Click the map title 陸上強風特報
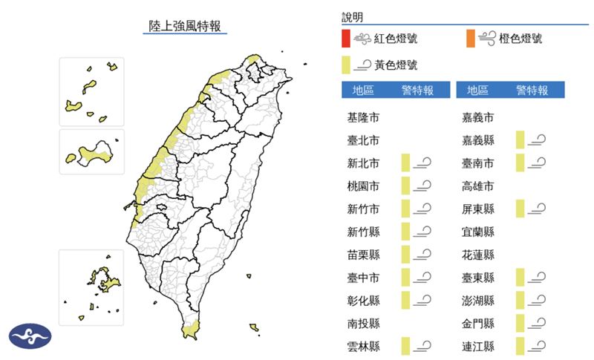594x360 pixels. (184, 26)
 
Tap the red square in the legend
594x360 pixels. (346, 38)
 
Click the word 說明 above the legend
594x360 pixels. (353, 17)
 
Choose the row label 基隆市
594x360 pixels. (363, 117)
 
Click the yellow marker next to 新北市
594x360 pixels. (405, 163)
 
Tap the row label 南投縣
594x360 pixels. (363, 324)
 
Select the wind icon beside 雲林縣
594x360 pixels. (424, 346)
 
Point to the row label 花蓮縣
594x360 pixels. (478, 255)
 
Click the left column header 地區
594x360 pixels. (363, 91)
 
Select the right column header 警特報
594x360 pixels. (532, 91)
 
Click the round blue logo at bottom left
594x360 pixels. (30, 336)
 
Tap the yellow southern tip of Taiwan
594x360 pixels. (191, 325)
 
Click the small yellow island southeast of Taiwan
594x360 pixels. (254, 327)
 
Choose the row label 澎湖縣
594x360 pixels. (478, 301)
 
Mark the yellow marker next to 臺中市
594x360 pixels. (405, 278)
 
